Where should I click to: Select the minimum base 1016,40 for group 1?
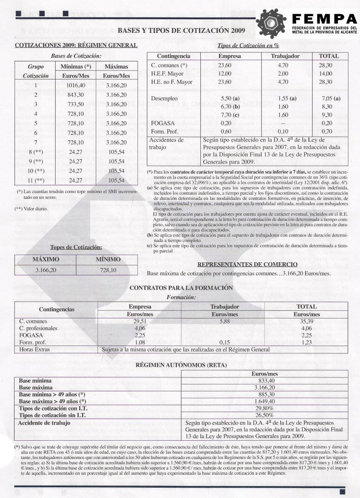pos(76,85)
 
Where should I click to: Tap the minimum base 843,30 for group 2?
pos(76,95)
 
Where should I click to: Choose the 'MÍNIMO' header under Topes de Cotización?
pos(108,259)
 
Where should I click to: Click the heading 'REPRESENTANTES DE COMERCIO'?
pos(247,264)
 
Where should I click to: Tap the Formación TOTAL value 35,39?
pos(306,321)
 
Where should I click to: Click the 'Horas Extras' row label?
pos(32,349)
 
